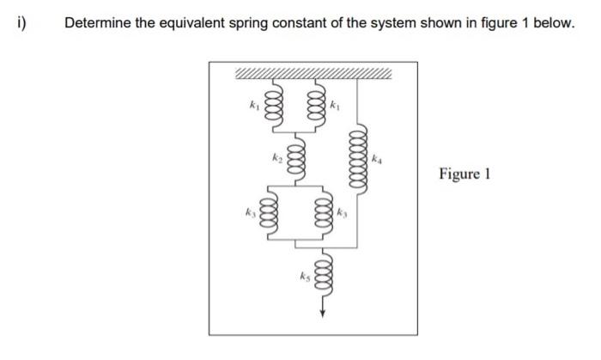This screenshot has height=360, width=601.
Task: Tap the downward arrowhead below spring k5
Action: click(323, 312)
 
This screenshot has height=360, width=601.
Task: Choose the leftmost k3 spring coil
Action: click(267, 211)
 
